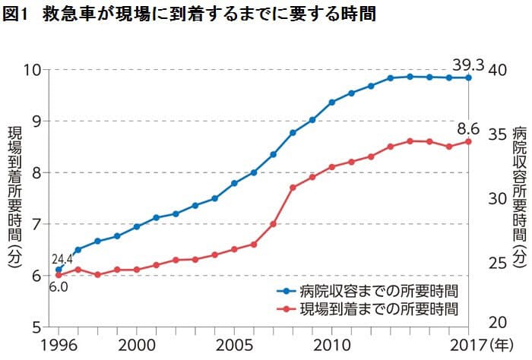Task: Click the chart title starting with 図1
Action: [189, 14]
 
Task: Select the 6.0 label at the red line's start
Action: [59, 287]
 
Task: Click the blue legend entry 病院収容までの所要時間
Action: [370, 290]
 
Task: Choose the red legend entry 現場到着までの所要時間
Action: [370, 309]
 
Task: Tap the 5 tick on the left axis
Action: [36, 327]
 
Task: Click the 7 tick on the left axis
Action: [36, 224]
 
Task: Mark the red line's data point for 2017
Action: [468, 141]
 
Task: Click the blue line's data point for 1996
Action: [59, 270]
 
